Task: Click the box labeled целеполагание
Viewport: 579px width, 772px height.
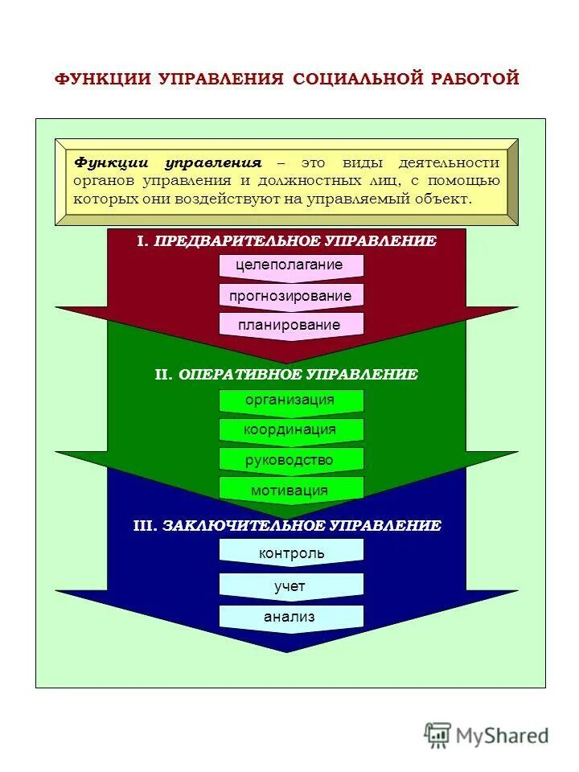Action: point(290,265)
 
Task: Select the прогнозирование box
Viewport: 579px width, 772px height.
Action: point(290,295)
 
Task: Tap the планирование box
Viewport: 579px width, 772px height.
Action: point(290,325)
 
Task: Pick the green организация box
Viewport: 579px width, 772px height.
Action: point(290,400)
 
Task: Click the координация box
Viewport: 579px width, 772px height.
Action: point(290,430)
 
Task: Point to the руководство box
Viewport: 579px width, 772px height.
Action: point(290,460)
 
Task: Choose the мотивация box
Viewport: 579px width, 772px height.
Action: point(290,490)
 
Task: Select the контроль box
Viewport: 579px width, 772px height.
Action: point(291,552)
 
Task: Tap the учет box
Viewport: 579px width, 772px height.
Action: point(291,586)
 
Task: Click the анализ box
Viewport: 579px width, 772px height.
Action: point(291,617)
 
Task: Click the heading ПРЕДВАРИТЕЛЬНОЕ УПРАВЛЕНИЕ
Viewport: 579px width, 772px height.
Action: point(295,240)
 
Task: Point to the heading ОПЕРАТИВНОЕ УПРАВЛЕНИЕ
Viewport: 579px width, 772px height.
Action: point(298,374)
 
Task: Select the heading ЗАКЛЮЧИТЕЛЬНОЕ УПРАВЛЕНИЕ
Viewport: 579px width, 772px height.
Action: point(302,525)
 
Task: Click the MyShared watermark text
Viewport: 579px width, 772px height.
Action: point(503,734)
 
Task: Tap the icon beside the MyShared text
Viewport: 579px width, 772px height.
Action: point(438,734)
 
